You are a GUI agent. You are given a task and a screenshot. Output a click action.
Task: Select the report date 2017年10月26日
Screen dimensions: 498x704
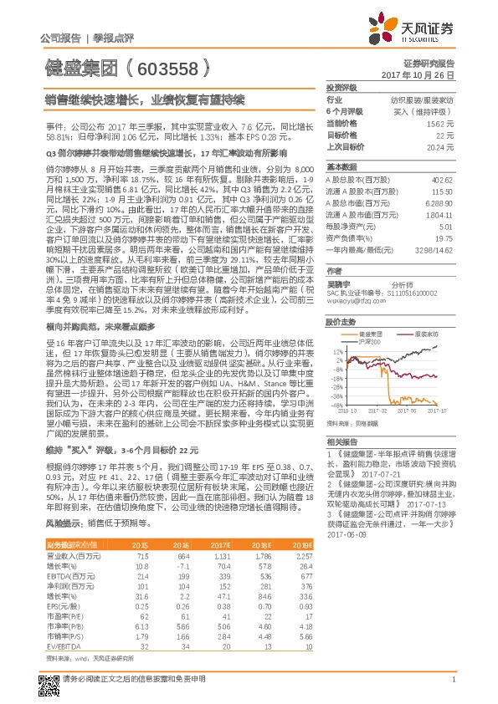tap(423, 75)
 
